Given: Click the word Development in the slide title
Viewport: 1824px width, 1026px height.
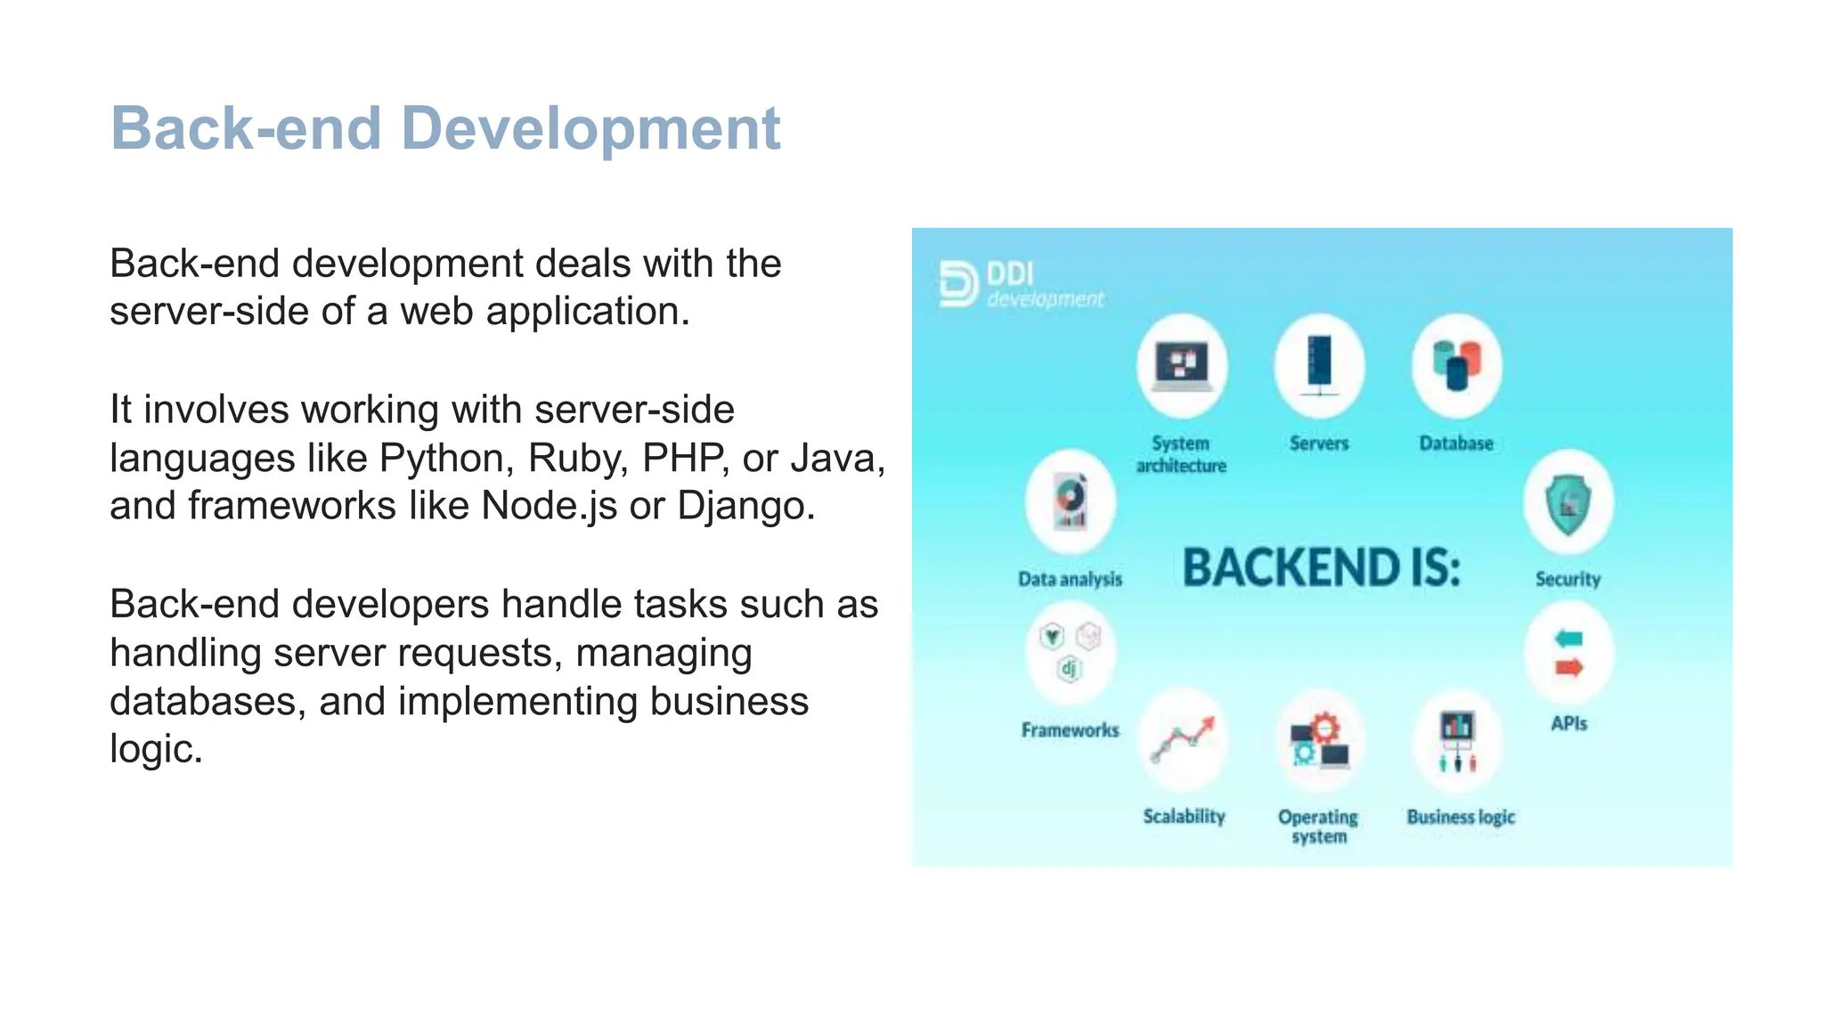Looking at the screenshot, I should (590, 129).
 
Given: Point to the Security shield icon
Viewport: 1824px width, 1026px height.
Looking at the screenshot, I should (1568, 504).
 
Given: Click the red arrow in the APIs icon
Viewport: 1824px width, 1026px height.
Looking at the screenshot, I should (1569, 668).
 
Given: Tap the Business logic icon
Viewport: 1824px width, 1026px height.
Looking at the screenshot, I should (1457, 741).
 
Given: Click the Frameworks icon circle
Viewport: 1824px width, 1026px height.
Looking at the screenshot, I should (1070, 652).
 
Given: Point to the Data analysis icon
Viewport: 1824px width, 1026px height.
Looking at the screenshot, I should (1071, 502).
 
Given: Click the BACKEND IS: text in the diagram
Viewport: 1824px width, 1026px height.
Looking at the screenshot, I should (1322, 567).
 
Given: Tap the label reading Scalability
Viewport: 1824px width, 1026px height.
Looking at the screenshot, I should (1184, 817).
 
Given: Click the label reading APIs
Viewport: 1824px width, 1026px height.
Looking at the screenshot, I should (1568, 723).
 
